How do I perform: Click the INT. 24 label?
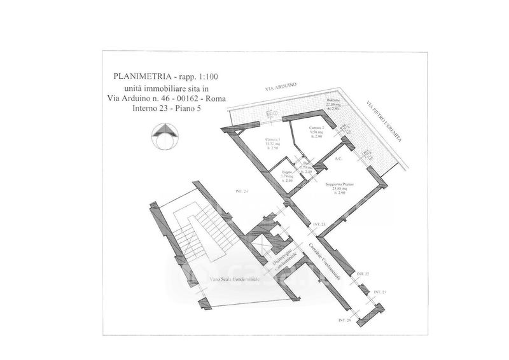coord(241,191)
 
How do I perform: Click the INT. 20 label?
coord(345,321)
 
